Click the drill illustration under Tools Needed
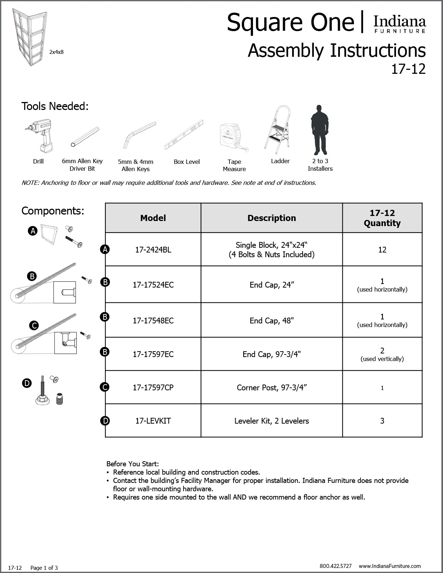(x=38, y=136)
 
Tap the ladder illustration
(x=277, y=128)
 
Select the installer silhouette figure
(x=319, y=130)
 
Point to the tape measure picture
(x=233, y=137)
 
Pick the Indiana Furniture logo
(x=399, y=24)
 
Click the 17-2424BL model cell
(x=153, y=250)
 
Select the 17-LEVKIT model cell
(x=153, y=421)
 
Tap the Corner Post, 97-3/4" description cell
(x=271, y=387)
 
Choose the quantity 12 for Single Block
(x=382, y=250)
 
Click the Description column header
(x=271, y=218)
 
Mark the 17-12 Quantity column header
(x=382, y=218)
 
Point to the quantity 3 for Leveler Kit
(x=382, y=421)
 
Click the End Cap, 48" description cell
(x=271, y=321)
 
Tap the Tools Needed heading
(x=55, y=106)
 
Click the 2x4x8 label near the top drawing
(x=56, y=52)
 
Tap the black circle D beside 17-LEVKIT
(x=105, y=421)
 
